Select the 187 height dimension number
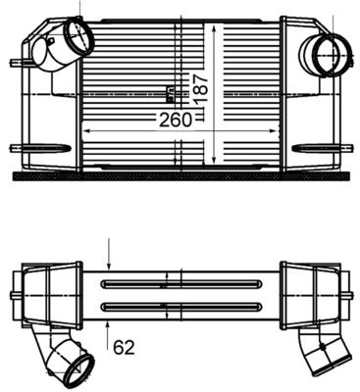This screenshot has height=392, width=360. (x=200, y=89)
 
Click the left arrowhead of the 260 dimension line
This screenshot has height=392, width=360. (x=83, y=129)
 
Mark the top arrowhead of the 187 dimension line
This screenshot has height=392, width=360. (x=215, y=22)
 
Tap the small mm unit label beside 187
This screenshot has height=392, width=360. (x=170, y=94)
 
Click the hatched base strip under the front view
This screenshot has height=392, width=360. (x=180, y=176)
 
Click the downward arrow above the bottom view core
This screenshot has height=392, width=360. (x=108, y=265)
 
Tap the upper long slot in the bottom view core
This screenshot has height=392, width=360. (x=180, y=284)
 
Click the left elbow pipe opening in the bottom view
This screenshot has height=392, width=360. (x=77, y=369)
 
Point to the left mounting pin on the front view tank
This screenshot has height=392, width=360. (x=15, y=64)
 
